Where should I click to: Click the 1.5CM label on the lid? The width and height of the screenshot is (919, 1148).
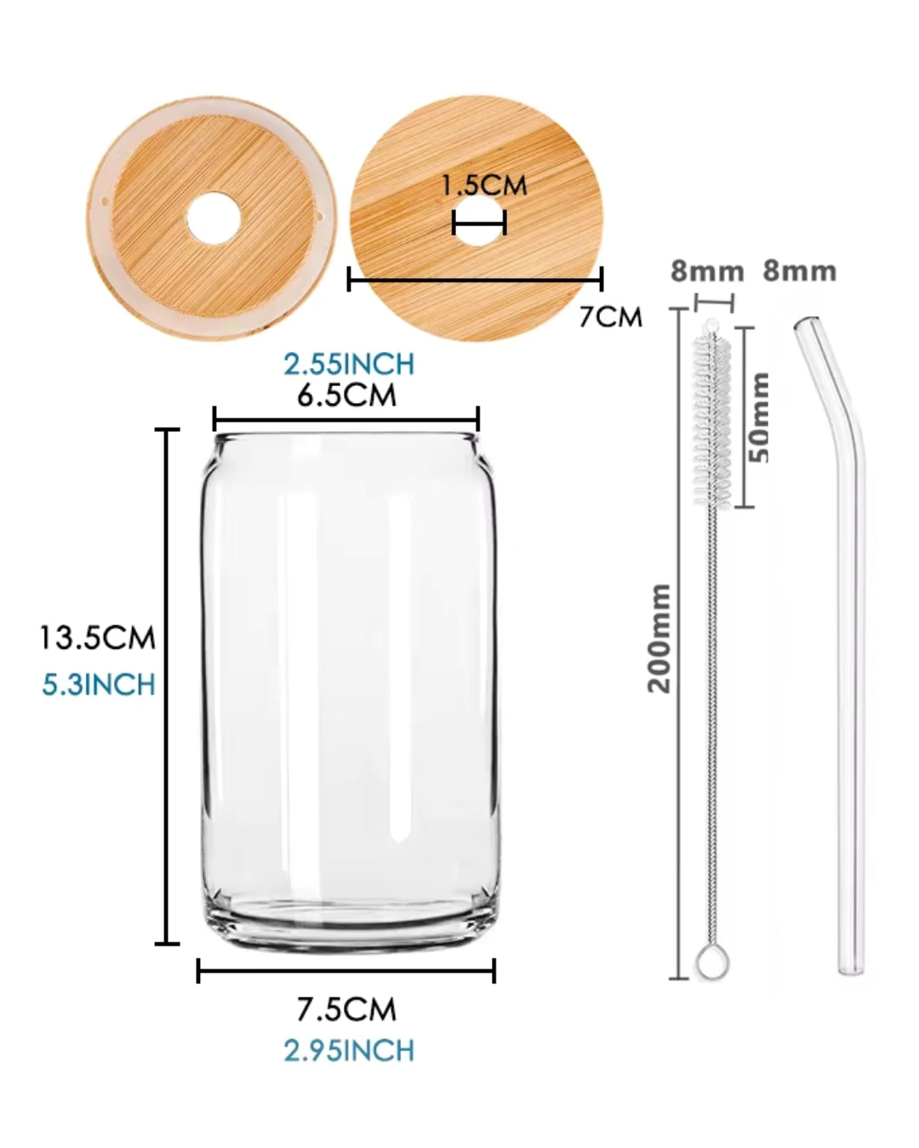coord(484,185)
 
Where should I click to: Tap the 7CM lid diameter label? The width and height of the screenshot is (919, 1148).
coord(610,317)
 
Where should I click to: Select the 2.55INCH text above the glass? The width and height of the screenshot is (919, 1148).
coord(349,364)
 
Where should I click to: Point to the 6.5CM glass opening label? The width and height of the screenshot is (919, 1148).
coord(346,395)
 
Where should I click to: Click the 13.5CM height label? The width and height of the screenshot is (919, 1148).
coord(98,638)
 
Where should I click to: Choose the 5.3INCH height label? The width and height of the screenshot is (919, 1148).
coord(98,685)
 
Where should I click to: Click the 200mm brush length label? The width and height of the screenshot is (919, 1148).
coord(659,639)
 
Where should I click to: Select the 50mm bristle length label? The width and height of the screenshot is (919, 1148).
coord(758,418)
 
